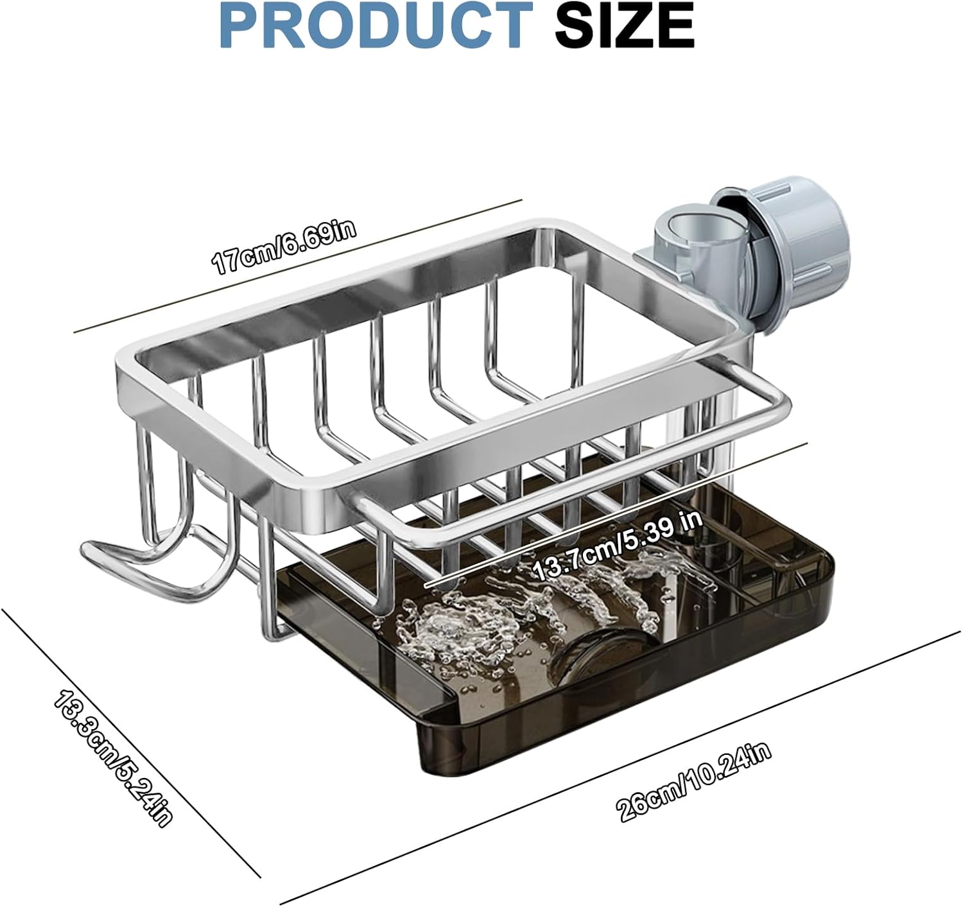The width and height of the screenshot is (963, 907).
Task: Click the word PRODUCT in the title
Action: (372, 25)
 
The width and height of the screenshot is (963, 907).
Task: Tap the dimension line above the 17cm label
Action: (295, 267)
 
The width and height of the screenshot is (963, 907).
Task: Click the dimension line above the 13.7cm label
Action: (616, 514)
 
